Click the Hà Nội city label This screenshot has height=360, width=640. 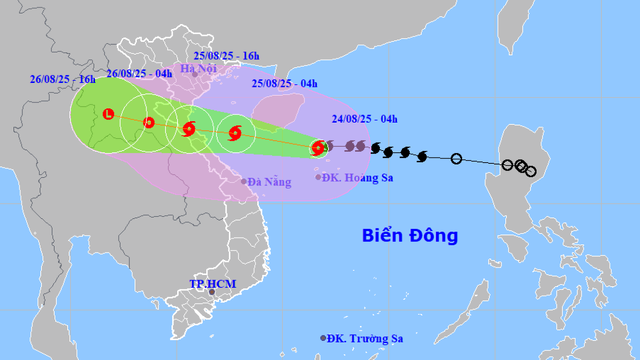click(198, 69)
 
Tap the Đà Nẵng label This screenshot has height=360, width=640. click(269, 182)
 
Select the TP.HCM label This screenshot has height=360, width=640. click(213, 283)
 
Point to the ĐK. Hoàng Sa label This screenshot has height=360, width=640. click(357, 177)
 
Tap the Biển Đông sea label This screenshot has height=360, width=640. click(410, 235)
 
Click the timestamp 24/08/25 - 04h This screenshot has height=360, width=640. click(364, 119)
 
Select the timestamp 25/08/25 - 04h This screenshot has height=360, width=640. click(283, 84)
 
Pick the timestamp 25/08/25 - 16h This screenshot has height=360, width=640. click(226, 56)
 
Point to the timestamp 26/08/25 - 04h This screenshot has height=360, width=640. click(139, 74)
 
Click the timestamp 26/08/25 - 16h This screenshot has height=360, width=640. click(62, 79)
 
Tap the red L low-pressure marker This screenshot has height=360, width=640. click(108, 113)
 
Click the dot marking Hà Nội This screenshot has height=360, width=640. click(194, 74)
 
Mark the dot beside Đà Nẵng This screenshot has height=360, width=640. click(244, 181)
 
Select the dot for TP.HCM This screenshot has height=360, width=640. click(211, 292)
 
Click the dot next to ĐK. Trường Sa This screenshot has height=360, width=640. click(323, 338)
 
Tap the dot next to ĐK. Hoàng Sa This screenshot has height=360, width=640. click(318, 176)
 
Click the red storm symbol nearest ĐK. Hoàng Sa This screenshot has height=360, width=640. click(318, 147)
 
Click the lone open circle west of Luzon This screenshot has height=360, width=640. click(456, 159)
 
